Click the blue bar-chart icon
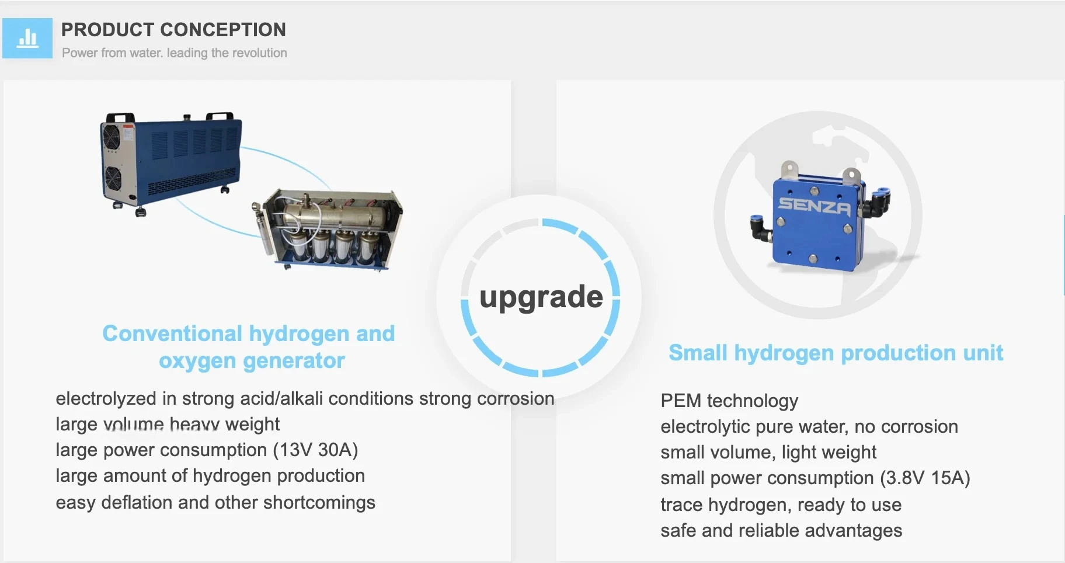coord(27,39)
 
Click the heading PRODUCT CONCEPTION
coord(173,29)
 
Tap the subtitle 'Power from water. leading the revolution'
coord(174,53)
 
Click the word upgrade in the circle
coord(541,297)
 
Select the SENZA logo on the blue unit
coord(814,206)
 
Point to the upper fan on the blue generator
coord(111,139)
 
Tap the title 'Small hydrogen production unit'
coord(836,353)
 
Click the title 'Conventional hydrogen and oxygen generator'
coord(249,347)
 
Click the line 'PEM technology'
coord(729,401)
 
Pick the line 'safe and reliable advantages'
coord(781,530)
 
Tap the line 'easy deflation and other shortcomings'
coord(215,502)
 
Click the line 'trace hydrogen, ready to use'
coord(781,505)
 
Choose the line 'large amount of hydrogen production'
coord(210,476)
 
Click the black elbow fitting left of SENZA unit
coord(761,228)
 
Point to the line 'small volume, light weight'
coord(768,452)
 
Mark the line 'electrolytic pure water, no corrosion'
coord(809,426)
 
